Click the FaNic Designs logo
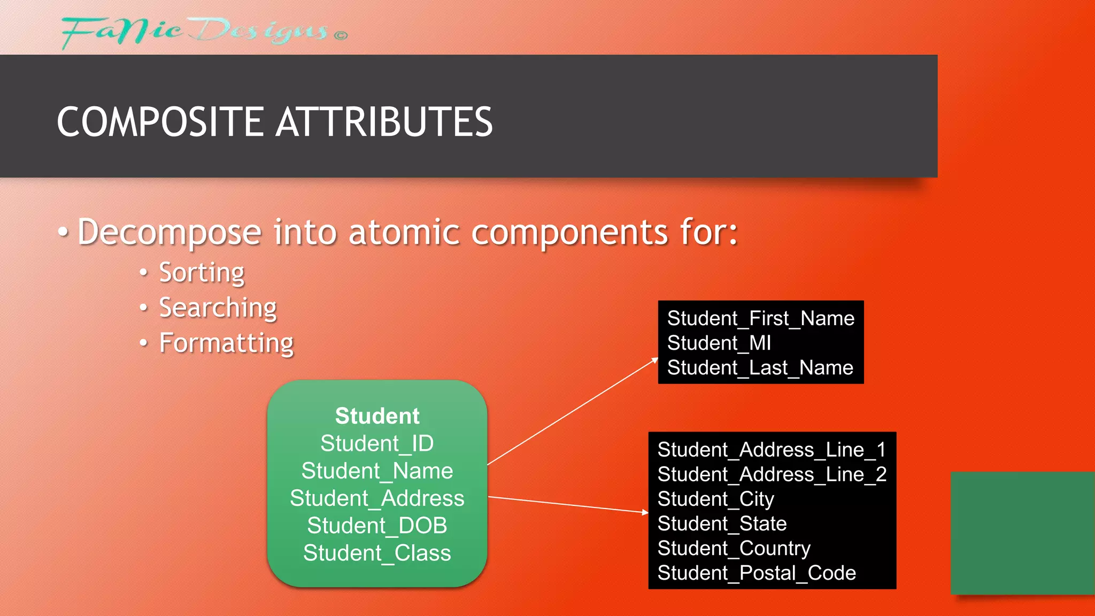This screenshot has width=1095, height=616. (x=203, y=32)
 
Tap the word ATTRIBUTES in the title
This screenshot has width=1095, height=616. (x=384, y=122)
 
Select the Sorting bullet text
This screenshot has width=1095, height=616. (x=202, y=273)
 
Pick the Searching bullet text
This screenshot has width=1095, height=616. (x=218, y=308)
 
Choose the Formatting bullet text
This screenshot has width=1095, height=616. (x=226, y=343)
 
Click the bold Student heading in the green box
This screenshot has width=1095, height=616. (x=377, y=416)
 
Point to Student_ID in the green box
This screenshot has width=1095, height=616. (x=377, y=443)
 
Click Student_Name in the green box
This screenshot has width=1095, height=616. (x=377, y=471)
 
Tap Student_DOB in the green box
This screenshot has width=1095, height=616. (x=377, y=526)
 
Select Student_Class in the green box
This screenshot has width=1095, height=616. (x=377, y=553)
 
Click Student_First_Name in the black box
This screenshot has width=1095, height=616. (x=760, y=319)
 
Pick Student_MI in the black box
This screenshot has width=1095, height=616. (x=719, y=343)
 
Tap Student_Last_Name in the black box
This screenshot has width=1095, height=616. (x=760, y=368)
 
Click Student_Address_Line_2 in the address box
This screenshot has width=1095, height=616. (x=772, y=474)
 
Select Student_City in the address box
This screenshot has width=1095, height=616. (x=715, y=499)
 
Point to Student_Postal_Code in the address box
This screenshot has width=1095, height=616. (x=756, y=573)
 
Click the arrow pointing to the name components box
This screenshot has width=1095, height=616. (x=573, y=412)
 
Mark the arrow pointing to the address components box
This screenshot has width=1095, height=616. (x=568, y=504)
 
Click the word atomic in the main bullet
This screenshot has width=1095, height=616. (x=404, y=233)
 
